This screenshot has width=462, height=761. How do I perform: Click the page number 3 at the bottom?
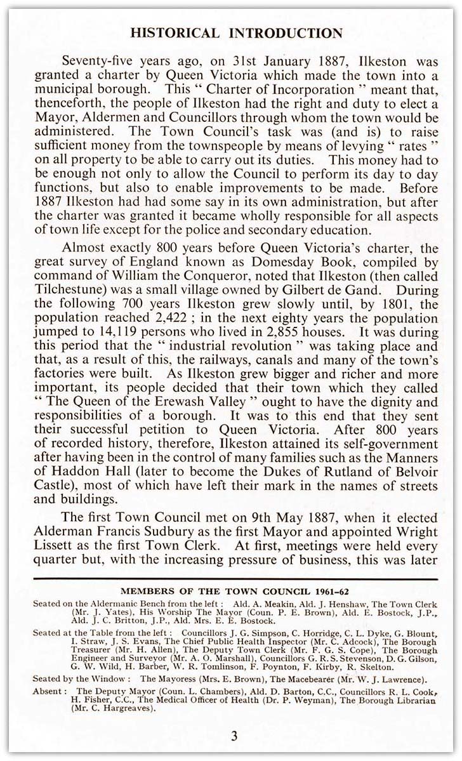[234, 736]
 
